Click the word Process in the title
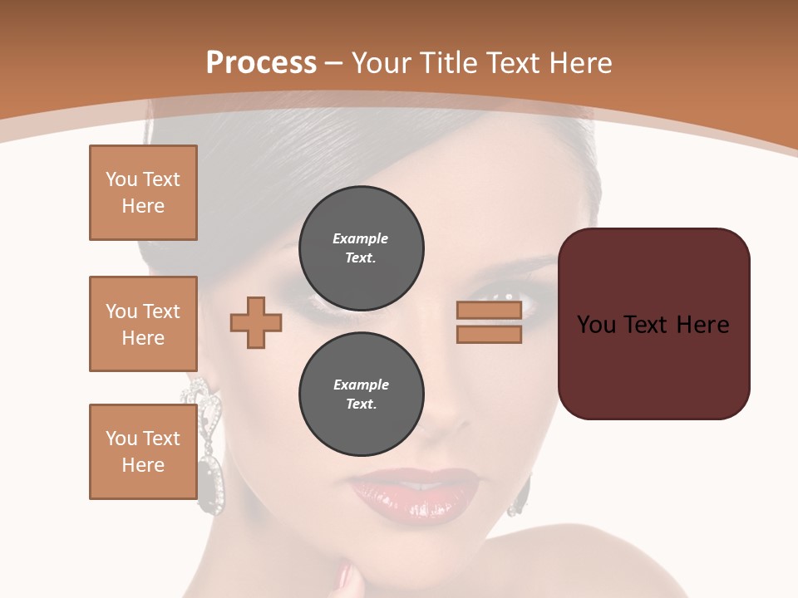(x=261, y=63)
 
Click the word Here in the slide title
(x=581, y=63)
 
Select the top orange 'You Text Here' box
(x=143, y=193)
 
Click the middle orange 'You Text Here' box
(x=143, y=324)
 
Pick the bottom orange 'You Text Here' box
(x=143, y=452)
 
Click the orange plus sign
(x=256, y=322)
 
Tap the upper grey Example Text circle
(x=361, y=248)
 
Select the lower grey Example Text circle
(x=361, y=395)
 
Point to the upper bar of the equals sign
(x=489, y=310)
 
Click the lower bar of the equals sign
(x=489, y=334)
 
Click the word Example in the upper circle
(x=361, y=239)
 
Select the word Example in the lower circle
(x=361, y=385)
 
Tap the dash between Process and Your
(x=334, y=63)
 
